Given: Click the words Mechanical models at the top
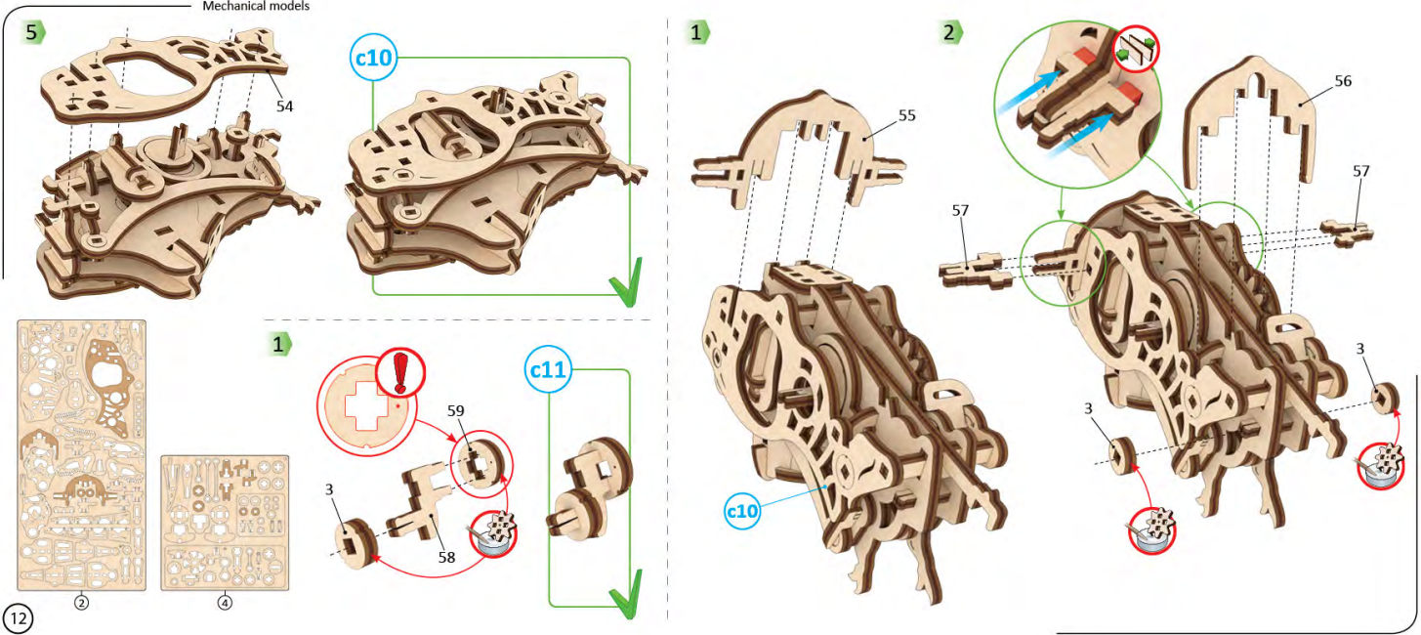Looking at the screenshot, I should pyautogui.click(x=256, y=6).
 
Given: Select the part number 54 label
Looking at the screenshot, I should pyautogui.click(x=284, y=106).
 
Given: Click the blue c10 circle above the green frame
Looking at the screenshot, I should pyautogui.click(x=373, y=59).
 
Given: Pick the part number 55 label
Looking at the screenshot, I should pyautogui.click(x=906, y=115).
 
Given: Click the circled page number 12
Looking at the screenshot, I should pyautogui.click(x=19, y=616).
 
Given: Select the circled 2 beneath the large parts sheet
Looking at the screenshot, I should pyautogui.click(x=82, y=603).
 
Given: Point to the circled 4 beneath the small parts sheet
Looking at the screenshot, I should pyautogui.click(x=225, y=603).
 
